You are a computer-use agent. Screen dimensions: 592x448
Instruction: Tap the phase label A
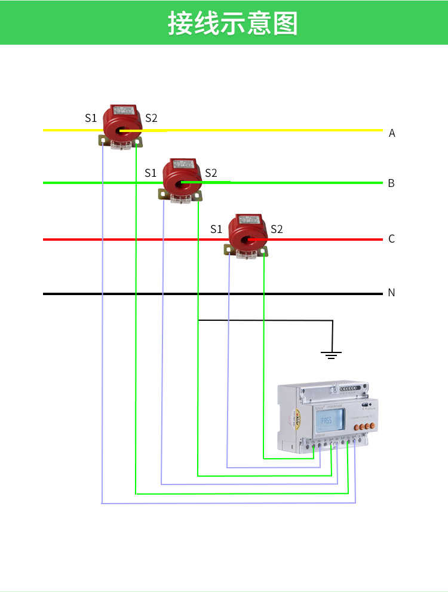click(392, 133)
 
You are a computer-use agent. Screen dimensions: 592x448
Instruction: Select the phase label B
click(391, 183)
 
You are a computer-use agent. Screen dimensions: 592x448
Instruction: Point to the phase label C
click(391, 239)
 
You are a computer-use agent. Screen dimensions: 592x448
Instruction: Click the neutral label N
click(391, 293)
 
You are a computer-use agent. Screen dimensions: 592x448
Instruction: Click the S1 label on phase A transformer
click(90, 118)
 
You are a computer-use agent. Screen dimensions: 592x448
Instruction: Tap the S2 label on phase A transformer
click(151, 118)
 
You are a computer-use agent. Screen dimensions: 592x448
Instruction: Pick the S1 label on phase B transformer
click(151, 173)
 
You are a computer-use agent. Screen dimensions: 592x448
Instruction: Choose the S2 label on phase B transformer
click(211, 173)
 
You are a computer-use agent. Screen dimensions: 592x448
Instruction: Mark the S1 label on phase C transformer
click(216, 229)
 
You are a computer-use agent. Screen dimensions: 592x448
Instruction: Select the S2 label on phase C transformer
click(277, 229)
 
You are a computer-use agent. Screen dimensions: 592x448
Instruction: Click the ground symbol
click(332, 354)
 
